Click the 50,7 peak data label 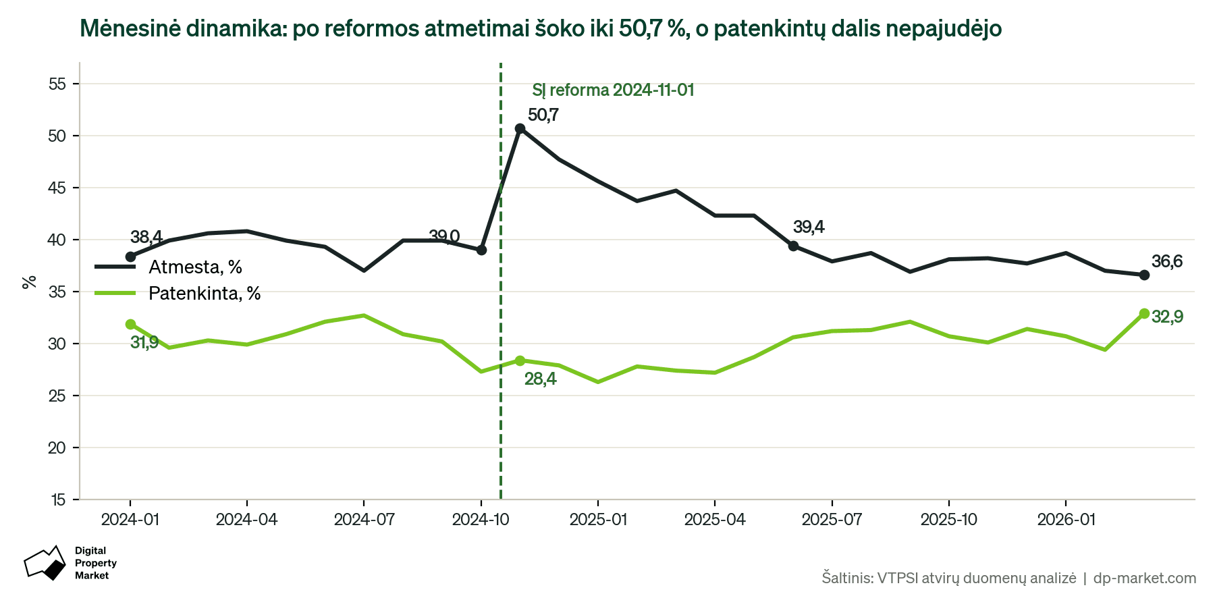coord(543,115)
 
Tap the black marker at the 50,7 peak coord(520,128)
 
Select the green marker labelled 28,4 coord(520,360)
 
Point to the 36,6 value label coord(1167,262)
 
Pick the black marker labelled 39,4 coord(793,246)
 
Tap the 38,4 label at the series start coord(146,237)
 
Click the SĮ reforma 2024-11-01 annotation coord(613,90)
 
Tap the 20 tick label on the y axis coord(57,448)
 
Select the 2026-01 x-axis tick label coord(1066,520)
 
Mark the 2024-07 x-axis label coord(364,520)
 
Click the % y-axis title coord(29,281)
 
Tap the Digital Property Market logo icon coord(45,563)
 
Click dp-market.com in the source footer coord(1145,578)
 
